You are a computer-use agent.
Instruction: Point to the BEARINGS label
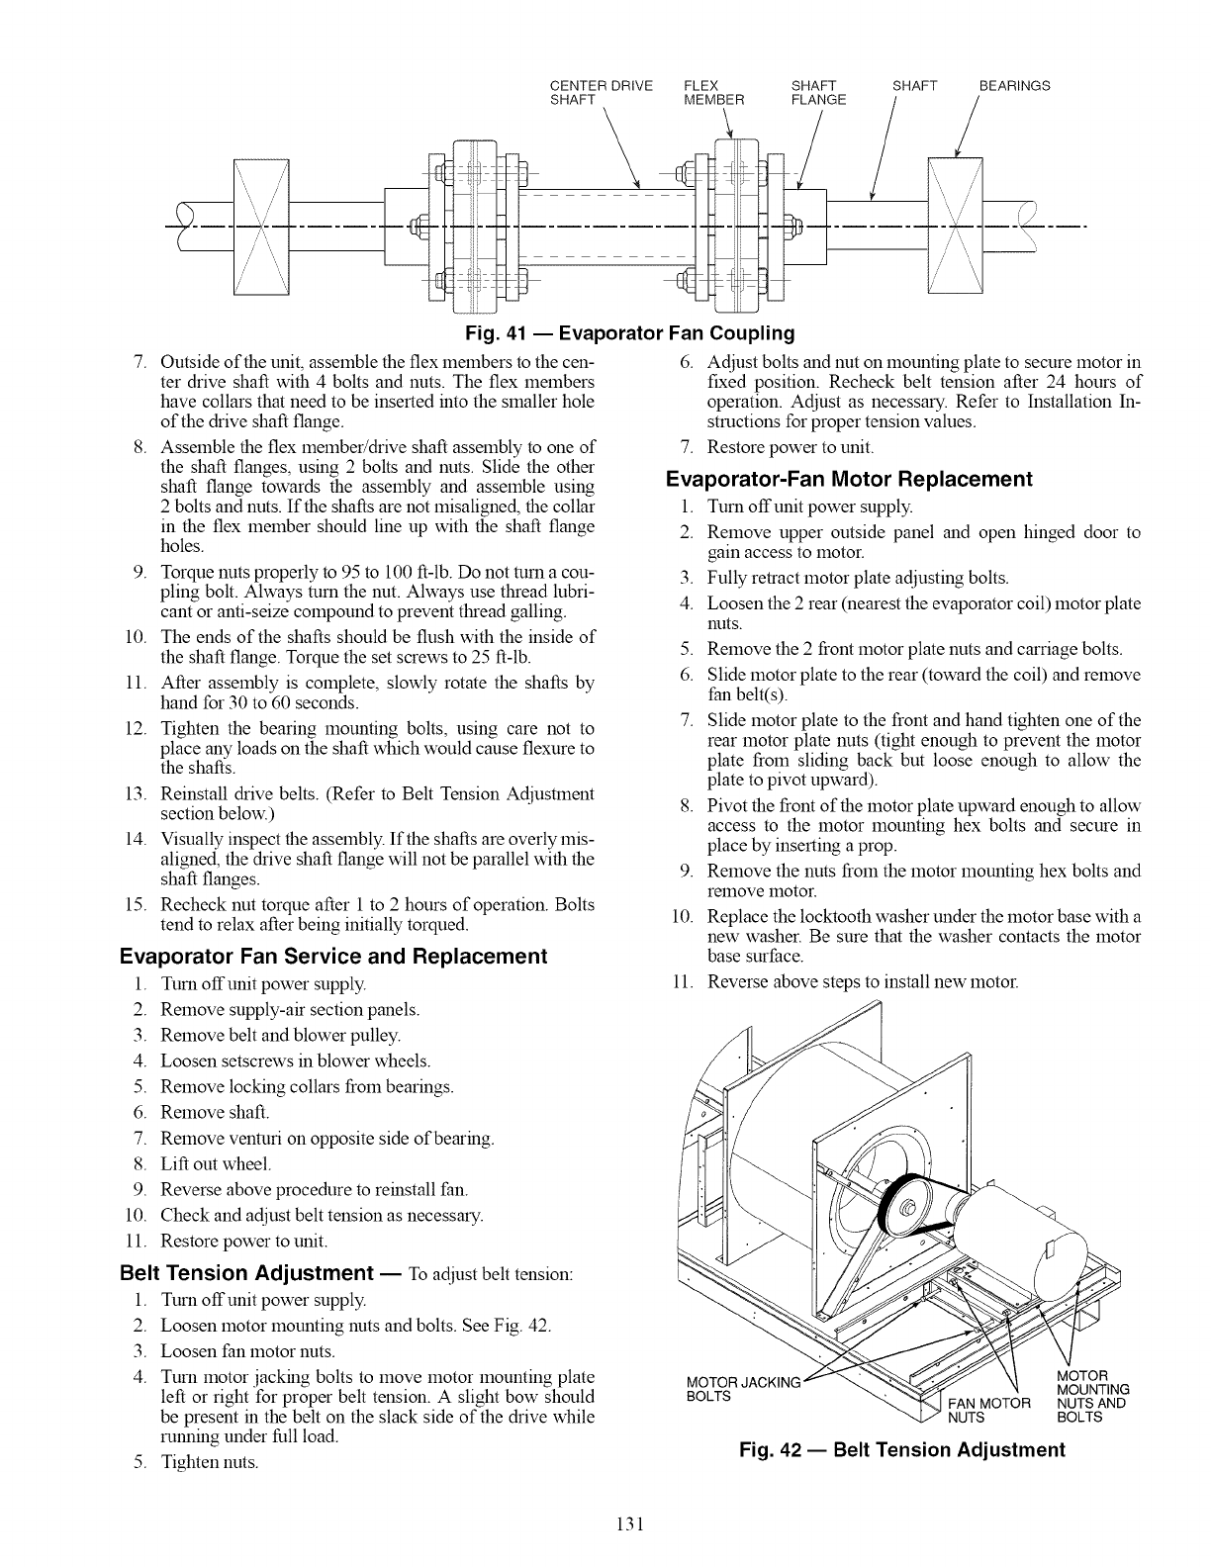pyautogui.click(x=1014, y=86)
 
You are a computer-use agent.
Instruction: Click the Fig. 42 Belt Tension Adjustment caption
pyautogui.click(x=902, y=1450)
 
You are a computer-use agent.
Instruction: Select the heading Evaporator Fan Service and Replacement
pyautogui.click(x=332, y=957)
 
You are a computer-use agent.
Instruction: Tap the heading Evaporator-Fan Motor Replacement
pyautogui.click(x=849, y=480)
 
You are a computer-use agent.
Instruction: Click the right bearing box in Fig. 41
pyautogui.click(x=955, y=226)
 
